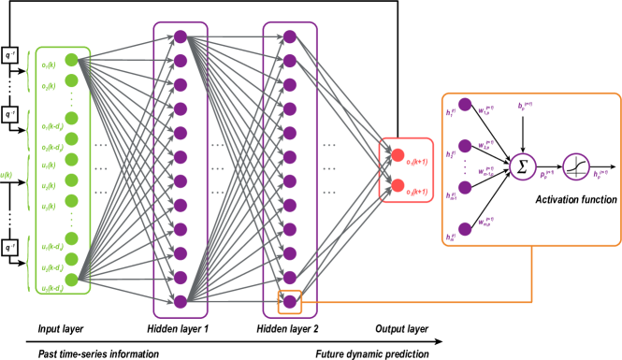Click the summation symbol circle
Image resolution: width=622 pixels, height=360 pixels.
coord(522,167)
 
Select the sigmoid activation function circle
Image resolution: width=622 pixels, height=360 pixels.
coord(575,167)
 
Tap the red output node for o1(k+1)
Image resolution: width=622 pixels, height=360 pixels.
coord(398,155)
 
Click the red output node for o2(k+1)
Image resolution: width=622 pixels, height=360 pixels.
coord(398,185)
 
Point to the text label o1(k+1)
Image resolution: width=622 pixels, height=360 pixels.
coord(416,162)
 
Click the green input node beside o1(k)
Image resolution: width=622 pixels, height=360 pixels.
coord(71,60)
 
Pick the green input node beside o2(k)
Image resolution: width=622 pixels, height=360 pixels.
coord(71,80)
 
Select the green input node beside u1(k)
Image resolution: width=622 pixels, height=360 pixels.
coord(71,160)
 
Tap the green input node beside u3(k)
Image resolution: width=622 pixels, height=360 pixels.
coord(71,201)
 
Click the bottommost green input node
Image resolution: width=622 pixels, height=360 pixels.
coord(71,279)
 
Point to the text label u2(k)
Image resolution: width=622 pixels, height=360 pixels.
coord(48,186)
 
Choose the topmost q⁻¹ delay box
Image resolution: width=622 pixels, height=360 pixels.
coord(9,55)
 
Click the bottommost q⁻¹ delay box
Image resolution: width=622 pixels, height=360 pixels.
coord(9,248)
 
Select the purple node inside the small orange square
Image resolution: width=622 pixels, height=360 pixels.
coord(290,302)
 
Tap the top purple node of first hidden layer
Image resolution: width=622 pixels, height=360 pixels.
coord(181,36)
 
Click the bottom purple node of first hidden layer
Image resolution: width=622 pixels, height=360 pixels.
coord(181,301)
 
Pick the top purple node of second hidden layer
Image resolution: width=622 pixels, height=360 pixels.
coord(290,36)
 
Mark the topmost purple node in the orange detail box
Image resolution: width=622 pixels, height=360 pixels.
coord(465,105)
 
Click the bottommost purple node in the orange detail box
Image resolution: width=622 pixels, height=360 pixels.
coord(465,228)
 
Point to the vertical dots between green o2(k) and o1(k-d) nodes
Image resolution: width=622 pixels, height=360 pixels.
coord(71,100)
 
